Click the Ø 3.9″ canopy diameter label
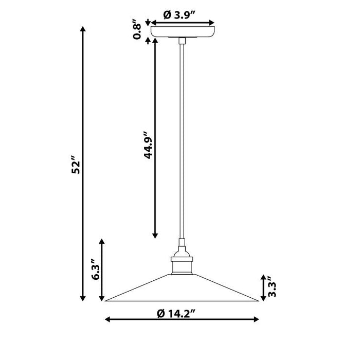(x=179, y=15)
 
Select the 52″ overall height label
(x=76, y=165)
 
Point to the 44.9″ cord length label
(x=148, y=145)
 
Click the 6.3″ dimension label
(x=96, y=269)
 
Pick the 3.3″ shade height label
(x=272, y=286)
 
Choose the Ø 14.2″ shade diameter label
(x=176, y=313)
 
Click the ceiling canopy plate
(x=183, y=32)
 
